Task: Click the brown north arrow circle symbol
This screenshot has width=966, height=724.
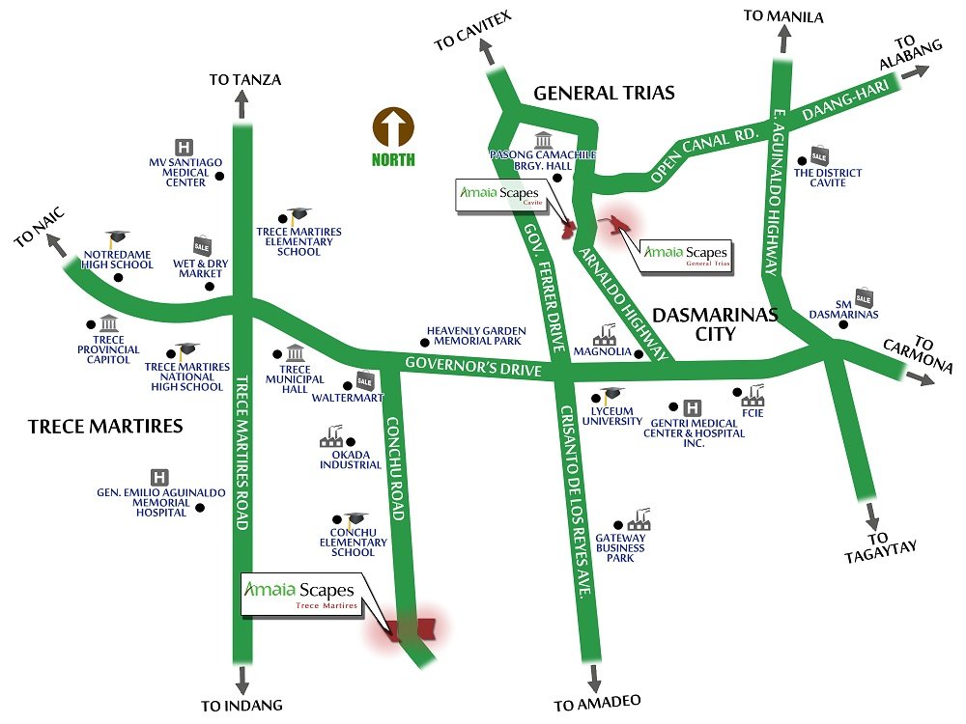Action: click(393, 127)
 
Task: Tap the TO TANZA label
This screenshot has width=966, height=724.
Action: click(244, 80)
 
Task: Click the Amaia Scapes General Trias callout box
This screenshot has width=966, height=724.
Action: click(687, 254)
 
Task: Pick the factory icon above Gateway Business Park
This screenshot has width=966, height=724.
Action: click(638, 520)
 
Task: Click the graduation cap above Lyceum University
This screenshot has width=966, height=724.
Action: click(612, 395)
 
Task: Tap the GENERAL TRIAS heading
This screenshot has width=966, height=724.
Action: click(604, 94)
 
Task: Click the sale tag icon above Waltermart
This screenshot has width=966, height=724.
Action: click(364, 379)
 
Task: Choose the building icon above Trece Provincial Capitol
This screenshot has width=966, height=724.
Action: click(108, 323)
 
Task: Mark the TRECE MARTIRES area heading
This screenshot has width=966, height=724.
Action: click(105, 426)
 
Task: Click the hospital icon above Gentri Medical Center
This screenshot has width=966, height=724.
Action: click(692, 408)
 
